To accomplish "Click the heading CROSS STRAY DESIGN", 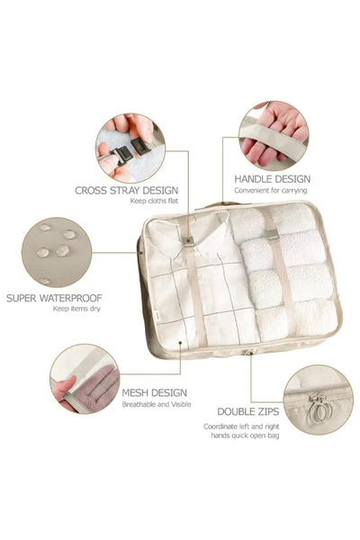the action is (x=126, y=190).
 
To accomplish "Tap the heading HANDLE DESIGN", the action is (x=272, y=179).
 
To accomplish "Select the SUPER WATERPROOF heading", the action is (x=54, y=298).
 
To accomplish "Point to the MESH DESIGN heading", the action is (x=154, y=392).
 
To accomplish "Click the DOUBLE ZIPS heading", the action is (x=248, y=411).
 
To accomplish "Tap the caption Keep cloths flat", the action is (x=154, y=201).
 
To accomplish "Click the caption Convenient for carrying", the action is (x=270, y=190).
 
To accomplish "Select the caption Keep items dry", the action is (x=76, y=309).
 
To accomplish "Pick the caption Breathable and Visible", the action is (x=157, y=404).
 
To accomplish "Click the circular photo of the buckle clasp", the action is (x=130, y=148).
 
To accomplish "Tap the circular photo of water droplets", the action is (x=57, y=252).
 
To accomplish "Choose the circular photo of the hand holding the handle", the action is (x=274, y=135).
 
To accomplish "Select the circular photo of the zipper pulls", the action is (x=318, y=400).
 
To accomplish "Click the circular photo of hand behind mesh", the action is (x=85, y=379).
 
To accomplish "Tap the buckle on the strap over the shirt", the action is (x=188, y=242).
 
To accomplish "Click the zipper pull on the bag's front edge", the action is (x=250, y=352).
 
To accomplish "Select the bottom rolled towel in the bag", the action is (x=295, y=319).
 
